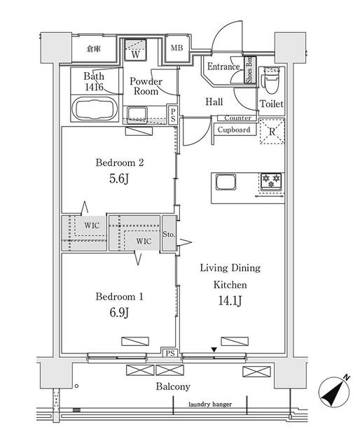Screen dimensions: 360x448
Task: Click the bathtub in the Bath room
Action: click(95, 109)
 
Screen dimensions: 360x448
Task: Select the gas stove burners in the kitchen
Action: click(271, 181)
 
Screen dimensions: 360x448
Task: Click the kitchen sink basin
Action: click(226, 182)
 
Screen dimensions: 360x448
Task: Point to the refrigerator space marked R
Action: click(272, 131)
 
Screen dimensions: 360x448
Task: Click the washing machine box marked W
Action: click(136, 50)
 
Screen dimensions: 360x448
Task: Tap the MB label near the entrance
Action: click(176, 48)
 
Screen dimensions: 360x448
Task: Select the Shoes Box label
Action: click(249, 70)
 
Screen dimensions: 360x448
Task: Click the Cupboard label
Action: click(234, 130)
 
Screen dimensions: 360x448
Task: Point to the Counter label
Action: click(237, 118)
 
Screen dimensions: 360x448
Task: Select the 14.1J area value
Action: click(230, 300)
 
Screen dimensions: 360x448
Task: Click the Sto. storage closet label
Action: click(169, 234)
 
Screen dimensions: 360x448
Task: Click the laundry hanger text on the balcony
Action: click(210, 405)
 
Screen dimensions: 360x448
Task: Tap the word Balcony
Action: click(173, 387)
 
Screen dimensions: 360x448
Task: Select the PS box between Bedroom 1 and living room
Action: click(170, 353)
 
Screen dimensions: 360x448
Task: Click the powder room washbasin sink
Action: click(137, 115)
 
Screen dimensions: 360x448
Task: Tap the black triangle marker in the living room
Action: click(214, 350)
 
